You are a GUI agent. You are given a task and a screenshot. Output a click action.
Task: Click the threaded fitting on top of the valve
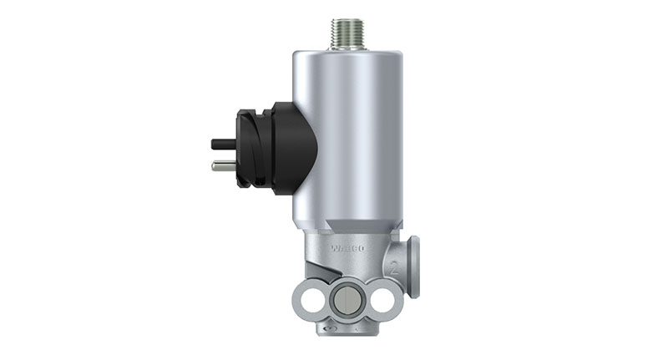click(x=347, y=33)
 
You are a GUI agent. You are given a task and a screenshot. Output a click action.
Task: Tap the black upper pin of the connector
click(x=223, y=144)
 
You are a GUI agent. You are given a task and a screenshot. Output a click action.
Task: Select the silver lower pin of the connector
click(x=223, y=165)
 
